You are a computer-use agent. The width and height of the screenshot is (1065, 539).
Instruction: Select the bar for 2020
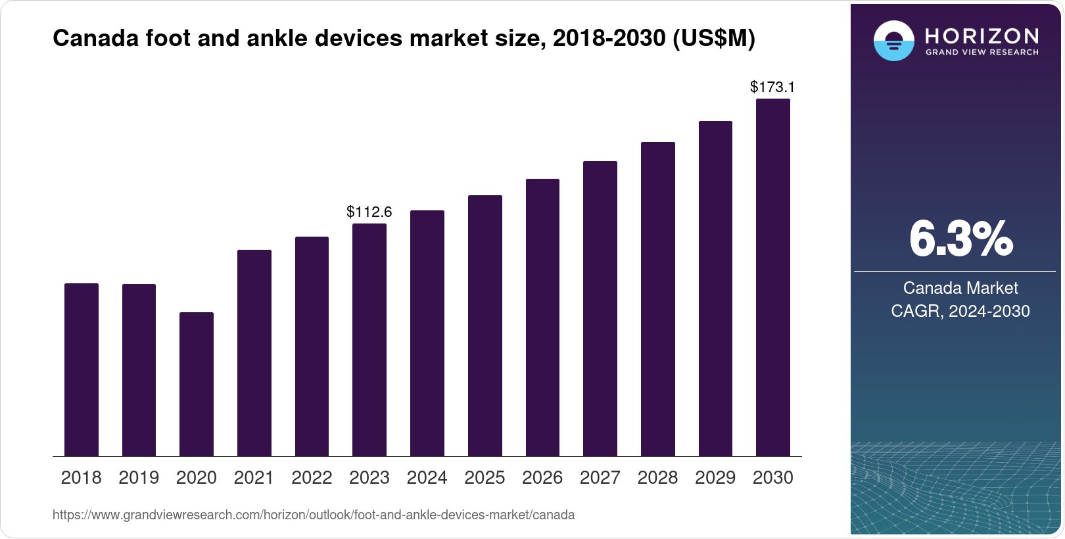[196, 385]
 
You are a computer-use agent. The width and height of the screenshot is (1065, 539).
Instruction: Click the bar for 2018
[81, 370]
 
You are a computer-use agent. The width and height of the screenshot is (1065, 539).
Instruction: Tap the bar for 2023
[369, 340]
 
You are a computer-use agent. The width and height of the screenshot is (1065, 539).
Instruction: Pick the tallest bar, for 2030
[772, 277]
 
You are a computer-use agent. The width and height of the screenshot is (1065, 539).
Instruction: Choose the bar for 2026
[542, 317]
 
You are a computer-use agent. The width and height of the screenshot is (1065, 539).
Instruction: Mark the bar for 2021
[254, 353]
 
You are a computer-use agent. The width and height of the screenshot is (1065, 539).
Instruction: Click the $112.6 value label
[369, 212]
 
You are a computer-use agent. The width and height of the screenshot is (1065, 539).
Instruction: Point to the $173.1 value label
[772, 87]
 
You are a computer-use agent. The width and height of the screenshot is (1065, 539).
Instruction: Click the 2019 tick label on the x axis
[139, 478]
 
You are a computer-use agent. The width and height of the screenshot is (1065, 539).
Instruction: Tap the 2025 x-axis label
[485, 478]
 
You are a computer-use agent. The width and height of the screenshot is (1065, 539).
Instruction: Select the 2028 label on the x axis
[657, 478]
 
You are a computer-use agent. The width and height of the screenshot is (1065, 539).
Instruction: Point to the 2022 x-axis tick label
[312, 478]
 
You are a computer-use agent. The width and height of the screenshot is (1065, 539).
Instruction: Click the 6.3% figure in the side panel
[960, 239]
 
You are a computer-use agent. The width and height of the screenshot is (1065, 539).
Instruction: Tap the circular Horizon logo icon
[893, 41]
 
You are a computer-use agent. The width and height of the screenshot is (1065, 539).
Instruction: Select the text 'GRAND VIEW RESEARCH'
[982, 53]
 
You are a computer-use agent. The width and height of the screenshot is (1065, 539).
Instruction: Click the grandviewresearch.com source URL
[314, 515]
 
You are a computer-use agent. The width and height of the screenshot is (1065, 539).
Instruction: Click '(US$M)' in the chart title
[713, 38]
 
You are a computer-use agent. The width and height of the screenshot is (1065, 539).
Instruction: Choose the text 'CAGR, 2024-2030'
[960, 311]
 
